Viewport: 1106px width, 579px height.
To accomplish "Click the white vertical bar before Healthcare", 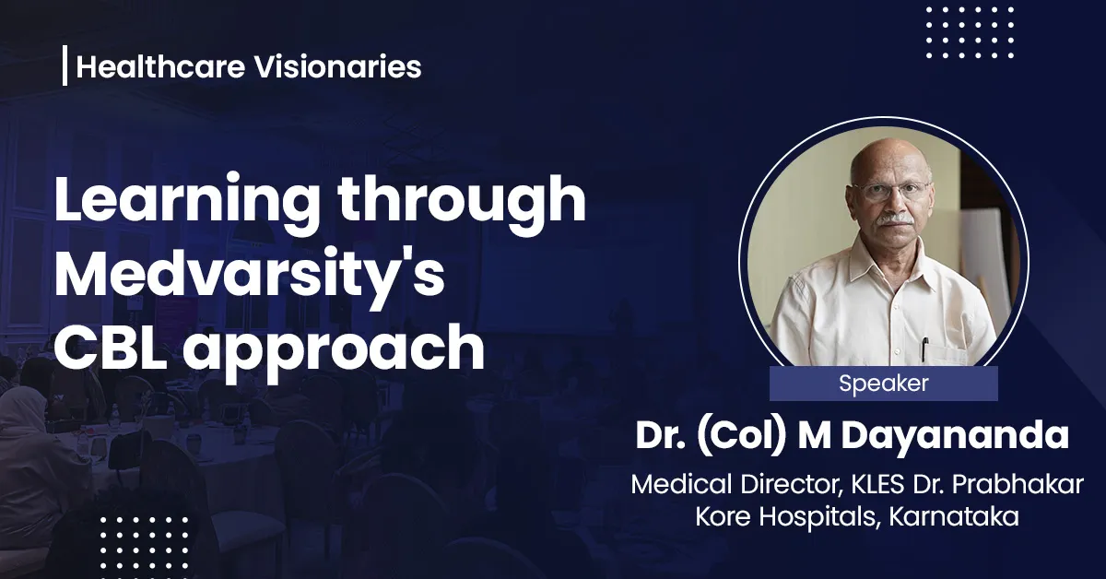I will click(65, 67).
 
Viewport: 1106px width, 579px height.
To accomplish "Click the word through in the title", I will click(463, 204).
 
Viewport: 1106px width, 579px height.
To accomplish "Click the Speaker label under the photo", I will click(883, 384).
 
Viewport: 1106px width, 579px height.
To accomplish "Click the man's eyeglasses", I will click(889, 190).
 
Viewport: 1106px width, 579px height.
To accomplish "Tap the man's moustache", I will click(892, 219).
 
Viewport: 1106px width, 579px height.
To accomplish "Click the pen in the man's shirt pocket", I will click(924, 349).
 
